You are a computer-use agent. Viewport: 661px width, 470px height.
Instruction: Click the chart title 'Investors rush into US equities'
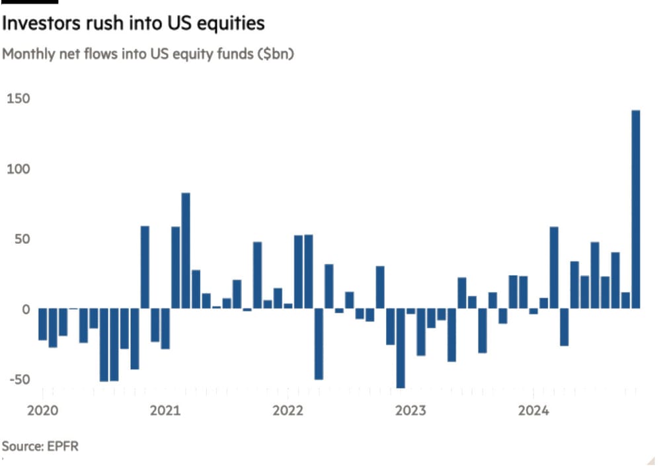point(134,24)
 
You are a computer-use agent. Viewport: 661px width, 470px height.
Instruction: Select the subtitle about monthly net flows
point(148,54)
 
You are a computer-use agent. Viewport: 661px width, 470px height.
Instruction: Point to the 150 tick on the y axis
point(19,99)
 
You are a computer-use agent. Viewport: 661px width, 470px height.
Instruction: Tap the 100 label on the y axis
point(19,169)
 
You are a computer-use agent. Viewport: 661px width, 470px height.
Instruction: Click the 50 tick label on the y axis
point(21,239)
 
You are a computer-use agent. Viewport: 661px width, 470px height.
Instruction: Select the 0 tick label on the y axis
point(26,309)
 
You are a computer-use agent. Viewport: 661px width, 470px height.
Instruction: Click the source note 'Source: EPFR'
point(40,446)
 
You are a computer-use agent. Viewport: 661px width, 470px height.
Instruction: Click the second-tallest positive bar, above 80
point(186,251)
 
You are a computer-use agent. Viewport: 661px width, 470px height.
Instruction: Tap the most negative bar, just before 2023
point(401,348)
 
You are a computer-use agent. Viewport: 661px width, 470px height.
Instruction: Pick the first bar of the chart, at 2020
point(43,324)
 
